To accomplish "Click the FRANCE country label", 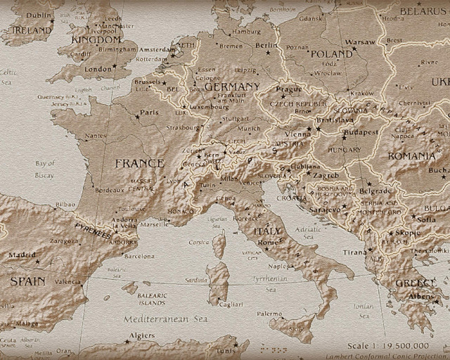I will click(x=139, y=163).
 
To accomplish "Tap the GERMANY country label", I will click(x=233, y=86).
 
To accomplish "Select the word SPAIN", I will click(x=27, y=281).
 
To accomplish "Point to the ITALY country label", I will click(x=266, y=231).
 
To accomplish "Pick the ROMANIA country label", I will click(x=411, y=155).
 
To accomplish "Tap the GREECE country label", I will click(x=415, y=283).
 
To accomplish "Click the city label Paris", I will click(x=149, y=112).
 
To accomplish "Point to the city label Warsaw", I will click(x=361, y=42).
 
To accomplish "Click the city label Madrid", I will click(x=22, y=255).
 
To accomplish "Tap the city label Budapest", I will click(x=360, y=132).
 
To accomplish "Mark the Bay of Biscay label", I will click(x=45, y=169).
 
